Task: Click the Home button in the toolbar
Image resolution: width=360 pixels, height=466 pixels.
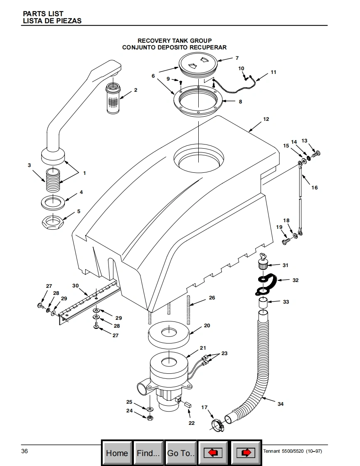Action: (117, 453)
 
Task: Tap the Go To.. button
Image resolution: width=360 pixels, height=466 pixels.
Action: (180, 453)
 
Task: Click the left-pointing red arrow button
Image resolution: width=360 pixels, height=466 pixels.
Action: (213, 453)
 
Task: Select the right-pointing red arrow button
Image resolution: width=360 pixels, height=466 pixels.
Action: (246, 453)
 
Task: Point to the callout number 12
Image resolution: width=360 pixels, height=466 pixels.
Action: (266, 119)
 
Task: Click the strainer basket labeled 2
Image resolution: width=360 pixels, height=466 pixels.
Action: (113, 98)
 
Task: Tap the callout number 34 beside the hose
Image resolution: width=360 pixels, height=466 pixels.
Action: (281, 404)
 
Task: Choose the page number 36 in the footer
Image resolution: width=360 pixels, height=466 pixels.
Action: (25, 451)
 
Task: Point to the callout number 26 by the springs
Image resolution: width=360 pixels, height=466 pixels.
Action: (212, 297)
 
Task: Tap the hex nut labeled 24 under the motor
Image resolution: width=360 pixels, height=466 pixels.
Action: (150, 417)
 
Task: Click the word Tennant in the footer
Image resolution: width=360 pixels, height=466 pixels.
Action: (271, 451)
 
